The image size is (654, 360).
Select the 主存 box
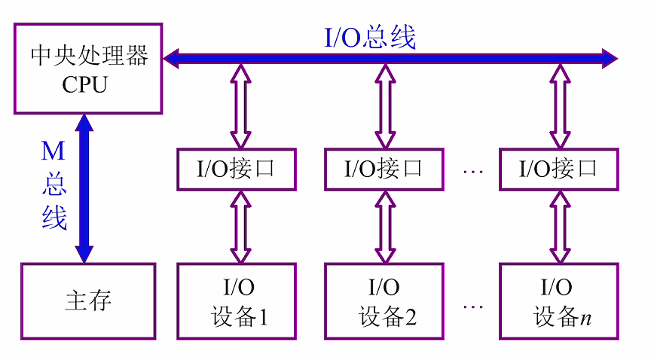point(88,301)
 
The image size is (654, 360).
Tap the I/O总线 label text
point(369,37)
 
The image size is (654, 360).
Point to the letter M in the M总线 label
point(53,151)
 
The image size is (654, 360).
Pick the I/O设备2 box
point(387,301)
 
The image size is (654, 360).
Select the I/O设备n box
point(560,301)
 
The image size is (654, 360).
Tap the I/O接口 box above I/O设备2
point(386,169)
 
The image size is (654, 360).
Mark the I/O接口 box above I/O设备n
point(559,169)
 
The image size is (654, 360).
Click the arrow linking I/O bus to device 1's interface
point(240,105)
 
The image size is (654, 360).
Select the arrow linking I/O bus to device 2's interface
point(386,105)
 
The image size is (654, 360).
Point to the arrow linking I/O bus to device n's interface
point(559,105)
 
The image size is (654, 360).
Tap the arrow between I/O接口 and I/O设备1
point(240,226)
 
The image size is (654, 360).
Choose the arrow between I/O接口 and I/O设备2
point(386,226)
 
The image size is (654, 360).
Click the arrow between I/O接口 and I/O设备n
point(559,226)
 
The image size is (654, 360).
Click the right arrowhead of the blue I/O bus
point(609,56)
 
